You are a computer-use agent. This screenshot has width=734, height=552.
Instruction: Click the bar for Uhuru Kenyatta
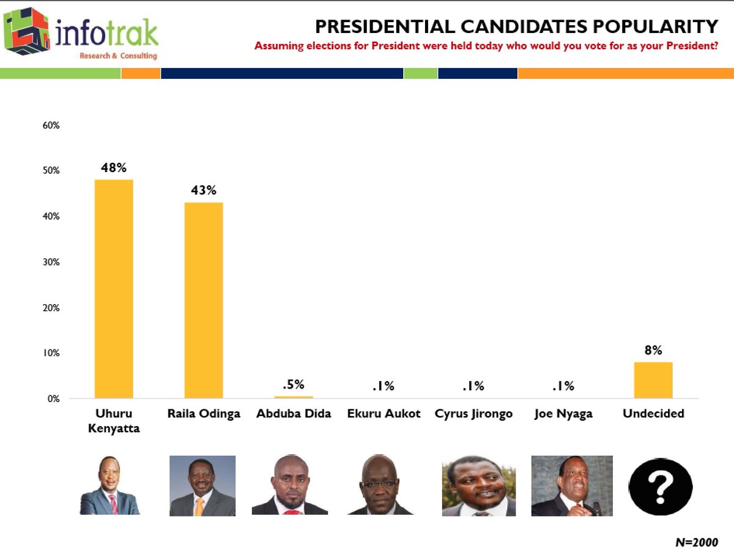114,289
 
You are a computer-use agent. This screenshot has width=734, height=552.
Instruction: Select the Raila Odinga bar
204,300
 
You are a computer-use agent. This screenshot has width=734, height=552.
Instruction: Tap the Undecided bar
653,380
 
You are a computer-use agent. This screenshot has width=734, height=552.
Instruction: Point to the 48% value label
114,168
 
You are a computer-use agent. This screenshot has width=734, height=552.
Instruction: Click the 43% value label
204,190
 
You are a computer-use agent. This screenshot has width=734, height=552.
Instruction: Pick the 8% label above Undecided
653,350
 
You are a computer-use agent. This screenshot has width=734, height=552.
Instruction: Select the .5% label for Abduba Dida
294,386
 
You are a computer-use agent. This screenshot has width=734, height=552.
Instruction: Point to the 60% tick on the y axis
51,125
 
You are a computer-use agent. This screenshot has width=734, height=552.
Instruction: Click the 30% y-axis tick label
51,262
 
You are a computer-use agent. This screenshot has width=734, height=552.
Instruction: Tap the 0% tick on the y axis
53,399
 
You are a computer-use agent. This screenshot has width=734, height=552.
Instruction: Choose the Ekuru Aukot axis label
383,414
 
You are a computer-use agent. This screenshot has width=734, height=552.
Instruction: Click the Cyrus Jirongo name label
473,414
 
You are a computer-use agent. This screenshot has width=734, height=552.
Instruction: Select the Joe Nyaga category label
563,414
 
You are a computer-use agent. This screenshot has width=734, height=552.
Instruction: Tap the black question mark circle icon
660,487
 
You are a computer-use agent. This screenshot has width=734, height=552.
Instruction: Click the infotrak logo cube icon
27,31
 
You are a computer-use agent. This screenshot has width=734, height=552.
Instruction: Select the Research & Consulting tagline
118,56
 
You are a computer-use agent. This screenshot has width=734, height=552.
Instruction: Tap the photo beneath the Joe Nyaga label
572,485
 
